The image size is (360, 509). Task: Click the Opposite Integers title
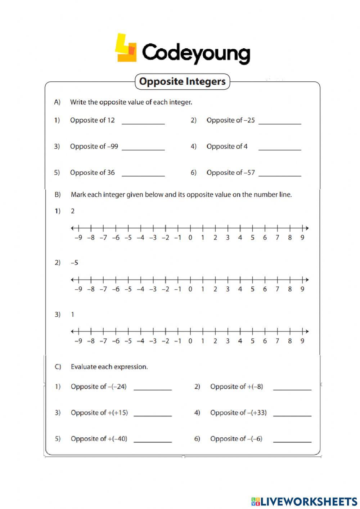click(x=182, y=81)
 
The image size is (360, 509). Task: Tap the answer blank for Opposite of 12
click(x=143, y=121)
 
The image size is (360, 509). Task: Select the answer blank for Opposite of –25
click(x=280, y=121)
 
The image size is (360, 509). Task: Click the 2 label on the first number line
click(x=215, y=237)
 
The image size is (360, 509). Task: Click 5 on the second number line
click(x=252, y=289)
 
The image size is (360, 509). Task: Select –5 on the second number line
click(x=128, y=289)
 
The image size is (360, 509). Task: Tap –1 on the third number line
click(x=177, y=341)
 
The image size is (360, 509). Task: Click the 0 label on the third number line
click(x=190, y=341)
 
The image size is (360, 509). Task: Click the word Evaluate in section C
click(x=84, y=367)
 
